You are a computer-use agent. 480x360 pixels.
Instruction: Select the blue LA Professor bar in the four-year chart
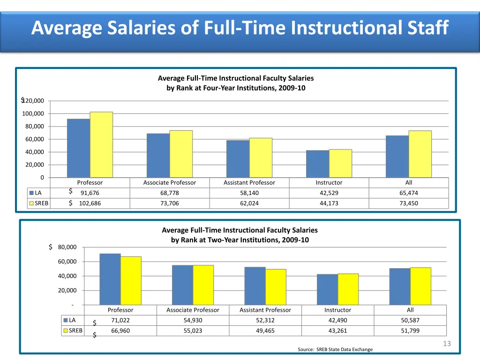tap(78, 148)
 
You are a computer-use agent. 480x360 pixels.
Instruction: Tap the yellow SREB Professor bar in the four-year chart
tap(101, 145)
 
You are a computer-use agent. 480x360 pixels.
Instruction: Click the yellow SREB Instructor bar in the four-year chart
tap(340, 163)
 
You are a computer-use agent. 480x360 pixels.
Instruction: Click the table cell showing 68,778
tap(169, 193)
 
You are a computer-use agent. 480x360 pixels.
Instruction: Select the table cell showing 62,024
tap(249, 203)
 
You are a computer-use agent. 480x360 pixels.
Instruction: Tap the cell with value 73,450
tap(409, 203)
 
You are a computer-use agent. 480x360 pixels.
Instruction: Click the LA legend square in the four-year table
tap(31, 193)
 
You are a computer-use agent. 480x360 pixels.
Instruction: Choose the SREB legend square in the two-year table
tap(66, 331)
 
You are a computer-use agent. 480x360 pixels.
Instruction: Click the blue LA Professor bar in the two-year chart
tap(110, 279)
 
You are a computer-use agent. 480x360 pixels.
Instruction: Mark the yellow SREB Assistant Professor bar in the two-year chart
tap(276, 287)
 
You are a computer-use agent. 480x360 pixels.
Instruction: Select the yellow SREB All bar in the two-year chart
tap(420, 286)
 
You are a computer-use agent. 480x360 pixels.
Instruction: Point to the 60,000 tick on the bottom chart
tap(67, 262)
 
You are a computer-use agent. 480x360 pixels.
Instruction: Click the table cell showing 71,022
tap(120, 321)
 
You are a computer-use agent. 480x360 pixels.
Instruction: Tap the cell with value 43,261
tap(337, 331)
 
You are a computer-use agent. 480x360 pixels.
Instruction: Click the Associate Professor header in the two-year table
tap(193, 310)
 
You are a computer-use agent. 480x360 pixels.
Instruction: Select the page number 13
tap(447, 344)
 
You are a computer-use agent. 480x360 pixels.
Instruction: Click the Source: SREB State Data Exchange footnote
tap(335, 349)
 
